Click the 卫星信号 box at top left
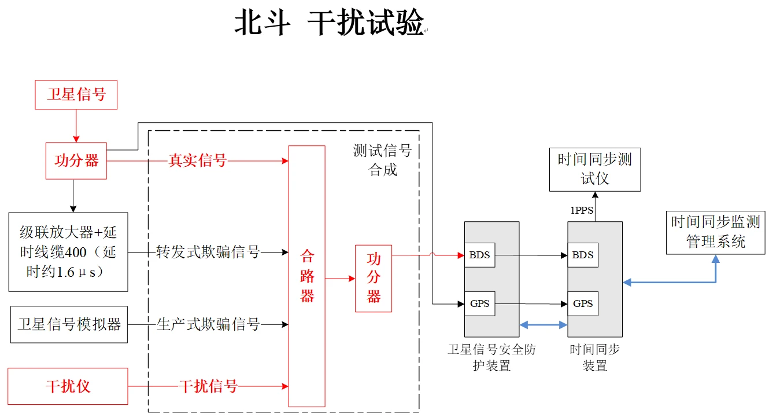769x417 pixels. tap(76, 95)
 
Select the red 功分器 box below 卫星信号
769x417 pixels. tap(76, 161)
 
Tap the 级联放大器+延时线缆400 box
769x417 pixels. tap(68, 251)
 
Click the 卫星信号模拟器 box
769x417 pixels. tap(69, 324)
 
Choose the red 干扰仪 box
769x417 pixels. tap(68, 386)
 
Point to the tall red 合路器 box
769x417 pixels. tap(306, 276)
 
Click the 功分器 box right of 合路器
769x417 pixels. tap(374, 279)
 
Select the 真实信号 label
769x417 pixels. tap(197, 161)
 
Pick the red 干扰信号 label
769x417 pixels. tap(208, 386)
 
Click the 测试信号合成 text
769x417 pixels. tap(382, 160)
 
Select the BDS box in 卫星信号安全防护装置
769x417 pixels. tap(479, 255)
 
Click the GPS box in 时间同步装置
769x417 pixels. tap(582, 303)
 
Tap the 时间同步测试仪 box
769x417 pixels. tap(594, 169)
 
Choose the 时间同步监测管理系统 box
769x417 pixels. tap(715, 232)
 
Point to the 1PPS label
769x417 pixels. tap(582, 211)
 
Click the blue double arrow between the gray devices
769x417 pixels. tap(543, 325)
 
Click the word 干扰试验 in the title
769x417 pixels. tap(365, 24)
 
